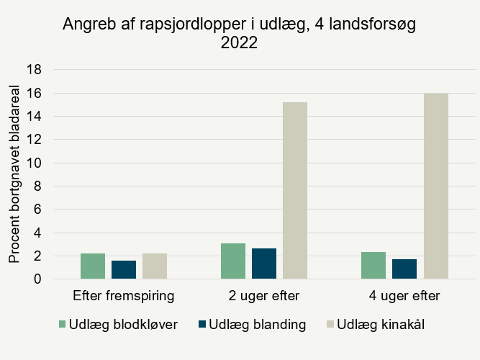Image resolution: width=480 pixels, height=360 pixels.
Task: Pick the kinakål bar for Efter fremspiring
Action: point(155,266)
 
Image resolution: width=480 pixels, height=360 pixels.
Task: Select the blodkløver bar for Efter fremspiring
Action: point(93,266)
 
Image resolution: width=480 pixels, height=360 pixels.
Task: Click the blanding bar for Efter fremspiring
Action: point(124,269)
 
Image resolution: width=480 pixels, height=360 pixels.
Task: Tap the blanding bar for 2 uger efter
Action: point(264,264)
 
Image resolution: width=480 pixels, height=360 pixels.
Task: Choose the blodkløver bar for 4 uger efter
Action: point(373,265)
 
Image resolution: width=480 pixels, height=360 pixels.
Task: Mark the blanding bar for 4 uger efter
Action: point(404,269)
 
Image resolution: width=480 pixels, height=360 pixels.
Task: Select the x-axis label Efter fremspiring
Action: point(124,296)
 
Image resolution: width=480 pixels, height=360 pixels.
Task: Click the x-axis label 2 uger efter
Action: point(264,296)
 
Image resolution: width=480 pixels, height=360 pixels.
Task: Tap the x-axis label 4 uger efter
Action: point(404,296)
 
